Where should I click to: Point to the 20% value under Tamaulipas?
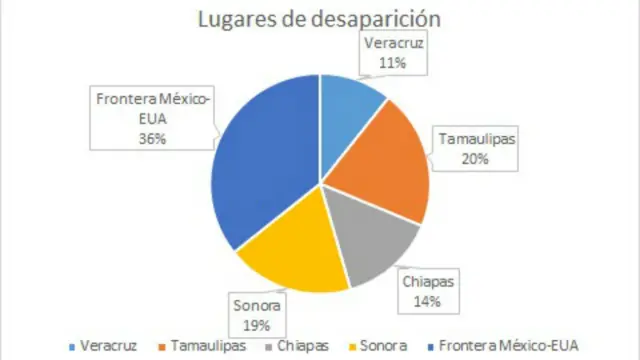coord(476,157)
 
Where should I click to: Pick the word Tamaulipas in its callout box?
coord(476,140)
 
